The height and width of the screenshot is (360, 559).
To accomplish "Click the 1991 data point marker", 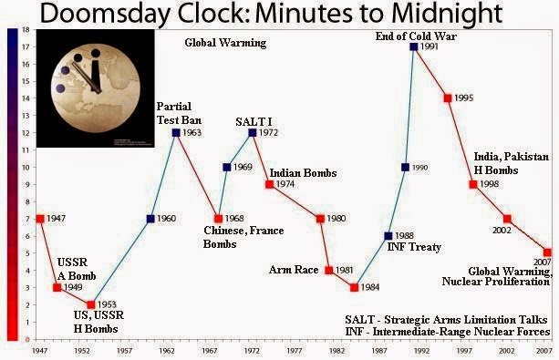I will point(414,46).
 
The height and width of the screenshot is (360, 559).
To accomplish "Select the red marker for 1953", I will point(90,304).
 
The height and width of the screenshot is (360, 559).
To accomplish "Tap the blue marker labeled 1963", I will point(175,132).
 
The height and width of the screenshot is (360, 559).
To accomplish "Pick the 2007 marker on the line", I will point(546,252).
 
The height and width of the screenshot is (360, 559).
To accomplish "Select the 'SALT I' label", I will point(251,122).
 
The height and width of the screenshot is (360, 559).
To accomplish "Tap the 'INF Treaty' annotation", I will point(414,247).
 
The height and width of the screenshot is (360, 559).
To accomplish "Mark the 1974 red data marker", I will point(269,184).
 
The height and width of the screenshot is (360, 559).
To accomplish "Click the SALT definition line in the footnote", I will point(447,321).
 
